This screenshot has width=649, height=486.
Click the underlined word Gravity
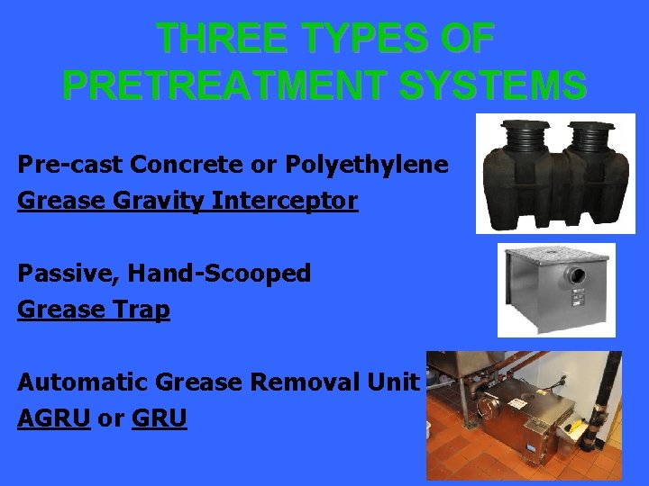pyautogui.click(x=171, y=201)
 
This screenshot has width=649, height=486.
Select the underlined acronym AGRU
pyautogui.click(x=53, y=418)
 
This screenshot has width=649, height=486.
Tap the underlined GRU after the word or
pyautogui.click(x=160, y=418)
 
